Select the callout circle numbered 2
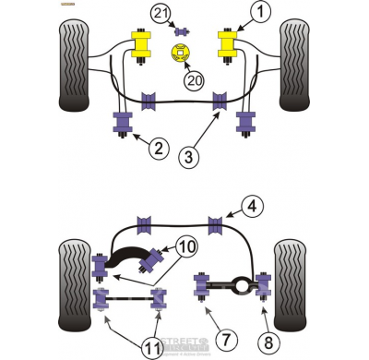click(159, 147)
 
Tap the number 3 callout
click(187, 157)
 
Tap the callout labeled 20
click(192, 80)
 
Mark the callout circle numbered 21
click(161, 13)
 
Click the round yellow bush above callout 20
click(181, 52)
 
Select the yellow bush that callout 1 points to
click(227, 44)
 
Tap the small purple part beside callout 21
click(182, 30)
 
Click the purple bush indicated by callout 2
click(123, 122)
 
